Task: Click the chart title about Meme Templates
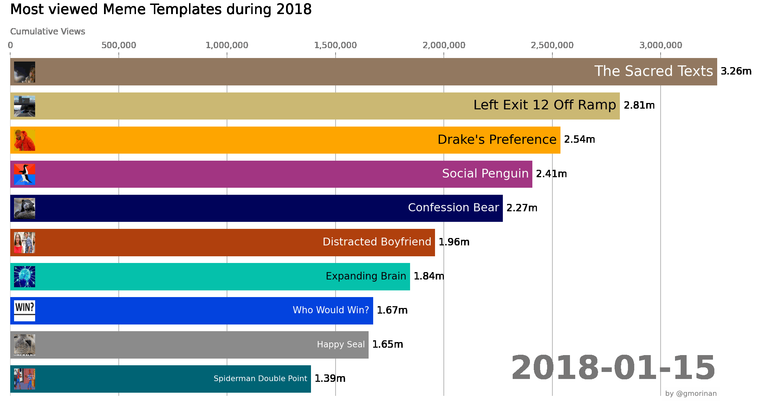(x=161, y=9)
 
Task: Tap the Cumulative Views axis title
(x=47, y=32)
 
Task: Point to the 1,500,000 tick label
(x=335, y=45)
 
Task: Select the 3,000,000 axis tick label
(x=661, y=45)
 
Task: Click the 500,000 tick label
(x=119, y=45)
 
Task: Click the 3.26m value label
(x=736, y=71)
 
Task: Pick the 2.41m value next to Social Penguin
(x=551, y=174)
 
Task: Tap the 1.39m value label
(x=330, y=378)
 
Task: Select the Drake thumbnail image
(x=25, y=140)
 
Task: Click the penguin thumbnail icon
(x=25, y=174)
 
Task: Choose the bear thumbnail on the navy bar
(x=25, y=208)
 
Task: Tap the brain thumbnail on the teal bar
(x=25, y=277)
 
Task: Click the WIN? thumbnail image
(x=25, y=311)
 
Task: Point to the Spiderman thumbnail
(x=25, y=379)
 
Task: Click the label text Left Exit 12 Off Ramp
(x=544, y=105)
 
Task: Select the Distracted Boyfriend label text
(x=377, y=242)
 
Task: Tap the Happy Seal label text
(x=341, y=345)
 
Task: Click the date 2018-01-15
(x=613, y=368)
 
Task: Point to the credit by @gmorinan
(x=690, y=393)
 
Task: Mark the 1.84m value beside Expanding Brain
(x=429, y=276)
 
